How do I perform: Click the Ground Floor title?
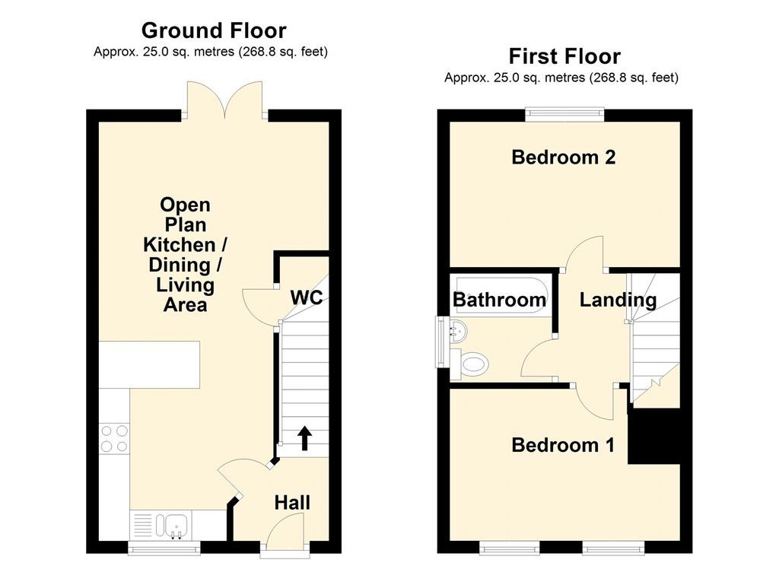pyautogui.click(x=214, y=30)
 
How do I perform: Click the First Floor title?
pyautogui.click(x=564, y=56)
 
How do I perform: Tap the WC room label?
pyautogui.click(x=307, y=297)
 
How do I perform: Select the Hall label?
pyautogui.click(x=292, y=502)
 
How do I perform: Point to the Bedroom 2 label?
pyautogui.click(x=564, y=157)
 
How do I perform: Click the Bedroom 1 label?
pyautogui.click(x=563, y=445)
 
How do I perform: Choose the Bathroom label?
pyautogui.click(x=499, y=300)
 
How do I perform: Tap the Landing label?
pyautogui.click(x=618, y=300)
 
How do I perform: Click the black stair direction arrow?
pyautogui.click(x=304, y=437)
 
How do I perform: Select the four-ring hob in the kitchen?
pyautogui.click(x=114, y=438)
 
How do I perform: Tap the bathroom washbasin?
pyautogui.click(x=458, y=330)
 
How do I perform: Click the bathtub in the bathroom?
pyautogui.click(x=502, y=294)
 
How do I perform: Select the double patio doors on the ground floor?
pyautogui.click(x=225, y=100)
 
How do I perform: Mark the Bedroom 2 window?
pyautogui.click(x=565, y=114)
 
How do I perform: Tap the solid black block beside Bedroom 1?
pyautogui.click(x=653, y=437)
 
